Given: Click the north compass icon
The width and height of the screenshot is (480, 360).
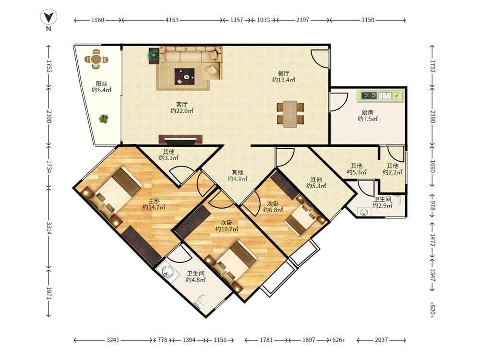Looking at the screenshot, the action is pos(48,17).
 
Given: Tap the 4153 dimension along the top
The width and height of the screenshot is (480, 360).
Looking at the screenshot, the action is pos(172,20).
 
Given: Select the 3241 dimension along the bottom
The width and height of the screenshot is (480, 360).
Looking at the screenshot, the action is pos(113,340).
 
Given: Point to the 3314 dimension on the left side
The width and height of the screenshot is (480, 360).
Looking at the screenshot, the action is pos(48,228).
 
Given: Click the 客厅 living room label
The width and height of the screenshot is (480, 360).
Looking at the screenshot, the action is pos(182,104).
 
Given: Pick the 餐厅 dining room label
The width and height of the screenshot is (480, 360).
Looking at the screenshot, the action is pos(284,73).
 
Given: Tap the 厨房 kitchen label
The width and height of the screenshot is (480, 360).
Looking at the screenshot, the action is pos(367,112).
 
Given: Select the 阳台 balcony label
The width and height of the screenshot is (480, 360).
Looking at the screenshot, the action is pos(101,83).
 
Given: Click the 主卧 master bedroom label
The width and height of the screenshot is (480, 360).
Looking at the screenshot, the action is pos(154,201).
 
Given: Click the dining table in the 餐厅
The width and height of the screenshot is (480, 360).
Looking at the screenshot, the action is pos(290,114).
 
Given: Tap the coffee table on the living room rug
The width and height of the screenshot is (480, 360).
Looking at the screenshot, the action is pos(185,76).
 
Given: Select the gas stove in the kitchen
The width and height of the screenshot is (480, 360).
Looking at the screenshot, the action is pos(369,96).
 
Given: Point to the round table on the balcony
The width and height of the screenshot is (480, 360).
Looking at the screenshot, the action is pos(96,59).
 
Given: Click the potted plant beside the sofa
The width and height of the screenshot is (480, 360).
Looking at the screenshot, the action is pos(154,56).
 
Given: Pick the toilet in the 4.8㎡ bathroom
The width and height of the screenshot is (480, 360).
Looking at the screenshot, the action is pos(201,301).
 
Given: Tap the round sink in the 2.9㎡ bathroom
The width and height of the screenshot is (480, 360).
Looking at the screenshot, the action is pos(364,212).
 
